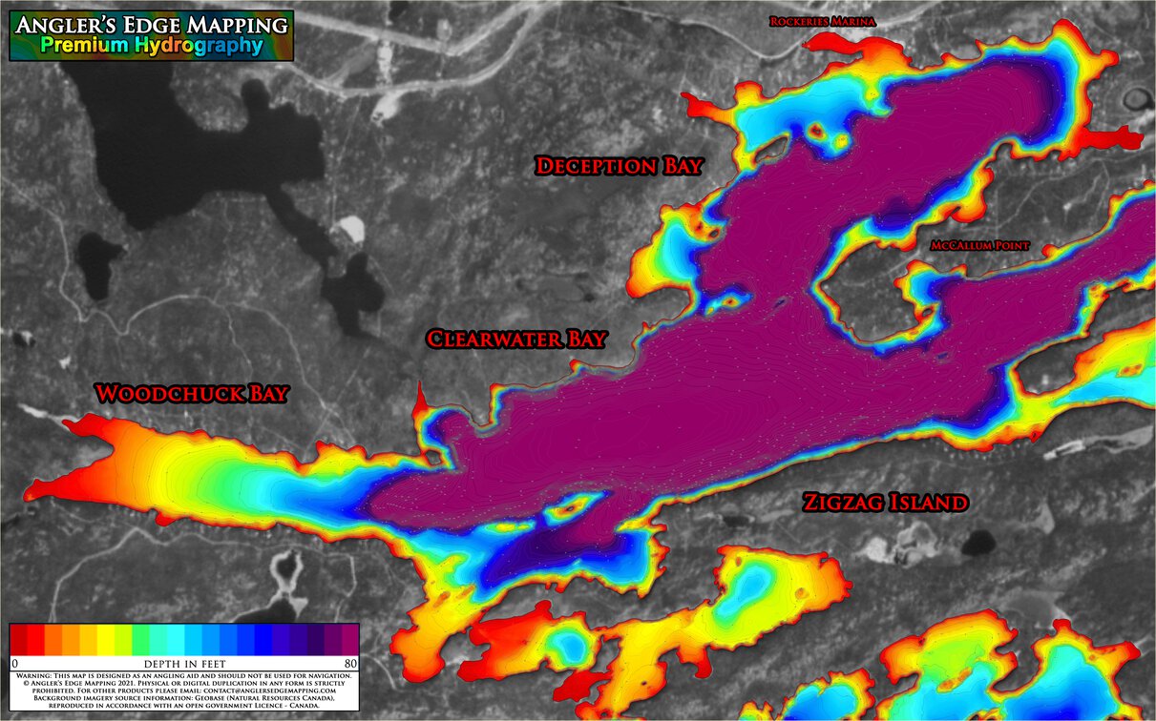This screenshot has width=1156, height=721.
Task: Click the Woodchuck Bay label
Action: pos(191,394)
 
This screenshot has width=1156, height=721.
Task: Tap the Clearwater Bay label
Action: pos(515,340)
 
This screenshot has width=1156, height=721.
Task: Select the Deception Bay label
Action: pos(619,166)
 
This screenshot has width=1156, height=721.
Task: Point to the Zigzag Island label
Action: pos(885,503)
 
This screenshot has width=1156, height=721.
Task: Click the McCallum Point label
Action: pos(980,246)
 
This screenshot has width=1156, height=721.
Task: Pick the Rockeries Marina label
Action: pos(823,21)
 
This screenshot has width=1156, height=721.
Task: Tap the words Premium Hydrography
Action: pos(151,46)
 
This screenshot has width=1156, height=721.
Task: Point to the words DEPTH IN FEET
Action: pos(184,663)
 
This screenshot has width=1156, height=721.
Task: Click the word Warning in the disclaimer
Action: pos(37,675)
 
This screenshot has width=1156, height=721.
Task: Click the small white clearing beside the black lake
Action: pos(351,229)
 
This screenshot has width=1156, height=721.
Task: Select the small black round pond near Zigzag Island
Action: pos(977,544)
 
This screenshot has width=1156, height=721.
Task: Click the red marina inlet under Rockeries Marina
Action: pos(840,43)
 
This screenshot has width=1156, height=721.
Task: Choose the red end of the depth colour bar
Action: pos(19,639)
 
